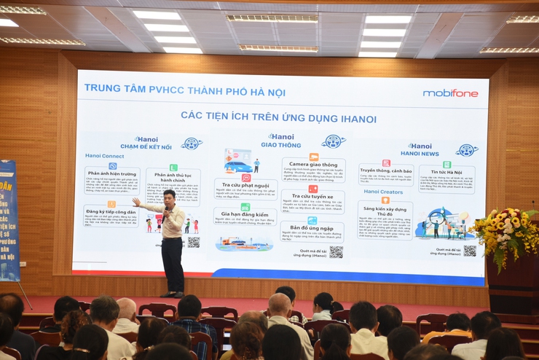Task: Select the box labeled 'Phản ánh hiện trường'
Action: click(x=112, y=174)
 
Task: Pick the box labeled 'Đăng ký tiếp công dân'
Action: click(x=111, y=212)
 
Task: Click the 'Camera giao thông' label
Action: click(x=313, y=165)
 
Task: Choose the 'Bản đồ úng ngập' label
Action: click(x=312, y=227)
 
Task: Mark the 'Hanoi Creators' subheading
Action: click(x=382, y=192)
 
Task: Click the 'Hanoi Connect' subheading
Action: click(x=104, y=156)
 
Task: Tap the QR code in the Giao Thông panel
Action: click(x=336, y=251)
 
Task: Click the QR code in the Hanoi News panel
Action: click(x=470, y=250)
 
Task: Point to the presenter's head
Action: click(x=169, y=197)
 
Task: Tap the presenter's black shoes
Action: click(x=173, y=294)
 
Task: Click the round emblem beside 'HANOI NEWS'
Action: click(x=467, y=150)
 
